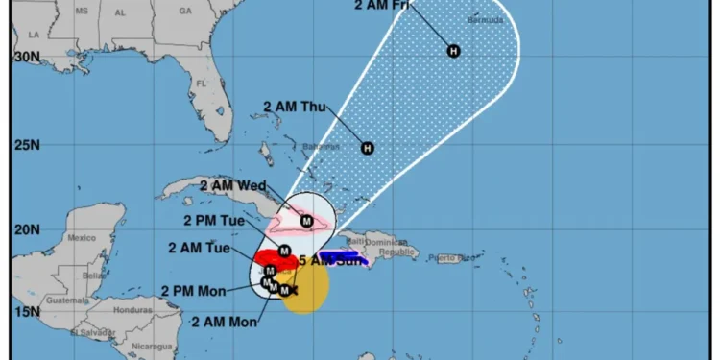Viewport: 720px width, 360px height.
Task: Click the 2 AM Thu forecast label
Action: (294, 107)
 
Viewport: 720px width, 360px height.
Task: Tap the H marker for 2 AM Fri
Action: (453, 51)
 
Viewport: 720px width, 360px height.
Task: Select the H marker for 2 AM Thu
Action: (367, 148)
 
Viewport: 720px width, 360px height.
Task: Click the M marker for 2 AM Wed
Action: (306, 221)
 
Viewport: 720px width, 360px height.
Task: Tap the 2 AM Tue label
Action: (199, 247)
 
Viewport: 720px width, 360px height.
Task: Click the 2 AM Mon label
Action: (225, 322)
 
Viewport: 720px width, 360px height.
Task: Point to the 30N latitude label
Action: (25, 57)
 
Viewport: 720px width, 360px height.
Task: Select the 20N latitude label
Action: (25, 229)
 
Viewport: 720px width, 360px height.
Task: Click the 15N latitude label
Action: (25, 311)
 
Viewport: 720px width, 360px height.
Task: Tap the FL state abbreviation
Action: (202, 84)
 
